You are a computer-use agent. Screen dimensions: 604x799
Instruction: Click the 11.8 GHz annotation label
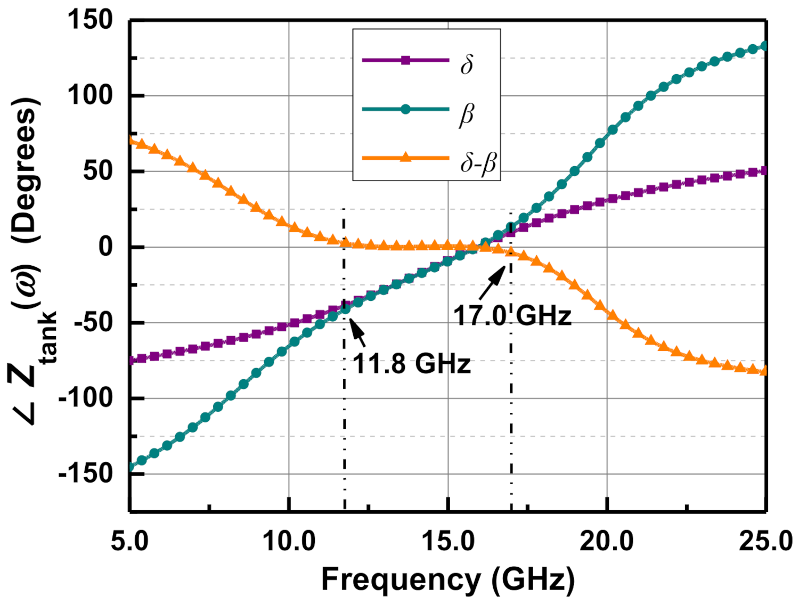coord(412,364)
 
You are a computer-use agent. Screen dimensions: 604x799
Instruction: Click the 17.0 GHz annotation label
coord(512,315)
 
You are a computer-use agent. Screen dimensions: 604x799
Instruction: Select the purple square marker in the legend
coord(405,60)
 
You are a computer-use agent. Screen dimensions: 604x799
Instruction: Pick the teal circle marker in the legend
coord(405,110)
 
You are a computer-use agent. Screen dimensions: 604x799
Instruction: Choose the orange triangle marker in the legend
coord(405,157)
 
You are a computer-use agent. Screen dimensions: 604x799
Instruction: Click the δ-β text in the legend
coord(478,163)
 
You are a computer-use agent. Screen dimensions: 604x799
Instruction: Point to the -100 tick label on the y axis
coord(86,398)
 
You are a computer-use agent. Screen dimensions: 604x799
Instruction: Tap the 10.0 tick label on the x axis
coord(289,541)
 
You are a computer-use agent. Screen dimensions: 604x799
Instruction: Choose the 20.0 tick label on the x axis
coord(607,541)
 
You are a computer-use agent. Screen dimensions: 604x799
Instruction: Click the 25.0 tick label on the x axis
coord(765,541)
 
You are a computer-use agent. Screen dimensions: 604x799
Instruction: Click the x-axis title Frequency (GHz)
coord(448,579)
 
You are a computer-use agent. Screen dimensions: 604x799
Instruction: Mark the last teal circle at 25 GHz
coord(765,46)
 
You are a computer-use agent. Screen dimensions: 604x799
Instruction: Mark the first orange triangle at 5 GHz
coord(132,141)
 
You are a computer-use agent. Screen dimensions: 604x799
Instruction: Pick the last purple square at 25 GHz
coord(765,171)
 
